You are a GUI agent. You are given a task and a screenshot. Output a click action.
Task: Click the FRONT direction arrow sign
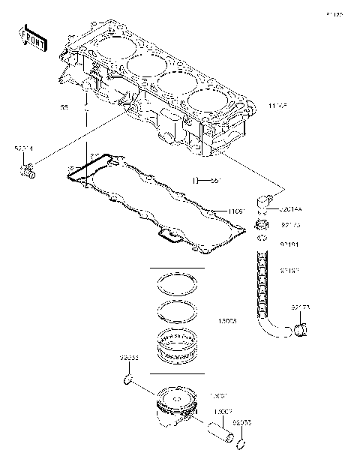tap(32, 37)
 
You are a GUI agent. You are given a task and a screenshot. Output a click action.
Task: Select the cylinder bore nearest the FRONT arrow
tap(111, 48)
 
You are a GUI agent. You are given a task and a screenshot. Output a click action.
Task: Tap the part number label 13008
tap(228, 320)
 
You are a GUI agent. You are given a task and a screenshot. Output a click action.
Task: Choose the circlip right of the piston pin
tap(239, 444)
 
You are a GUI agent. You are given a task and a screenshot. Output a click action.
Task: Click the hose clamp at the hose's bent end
tap(300, 328)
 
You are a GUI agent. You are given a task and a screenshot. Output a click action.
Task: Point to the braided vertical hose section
tap(263, 285)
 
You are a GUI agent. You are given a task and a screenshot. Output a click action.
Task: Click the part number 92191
tap(290, 244)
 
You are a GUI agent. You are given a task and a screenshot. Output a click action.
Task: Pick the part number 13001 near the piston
tap(217, 394)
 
